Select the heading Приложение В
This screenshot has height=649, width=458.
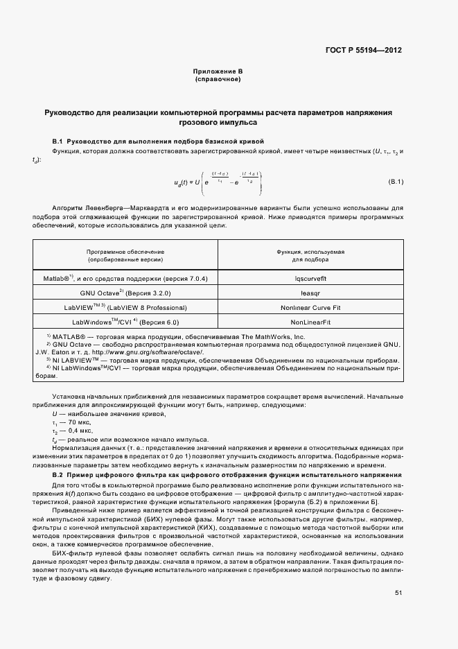pyautogui.click(x=218, y=72)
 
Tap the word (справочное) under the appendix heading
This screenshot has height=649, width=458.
pyautogui.click(x=218, y=80)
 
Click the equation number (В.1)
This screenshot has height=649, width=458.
pyautogui.click(x=395, y=182)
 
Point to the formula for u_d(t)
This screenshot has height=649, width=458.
pyautogui.click(x=218, y=182)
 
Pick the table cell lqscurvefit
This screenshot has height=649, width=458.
pyautogui.click(x=310, y=278)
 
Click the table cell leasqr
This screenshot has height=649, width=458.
pyautogui.click(x=310, y=293)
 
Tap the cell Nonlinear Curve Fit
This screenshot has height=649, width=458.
pyautogui.click(x=310, y=307)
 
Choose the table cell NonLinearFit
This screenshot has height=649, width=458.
pyautogui.click(x=310, y=322)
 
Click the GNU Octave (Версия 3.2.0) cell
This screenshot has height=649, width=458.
pyautogui.click(x=125, y=293)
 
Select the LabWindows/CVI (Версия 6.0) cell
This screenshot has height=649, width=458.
pyautogui.click(x=125, y=322)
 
